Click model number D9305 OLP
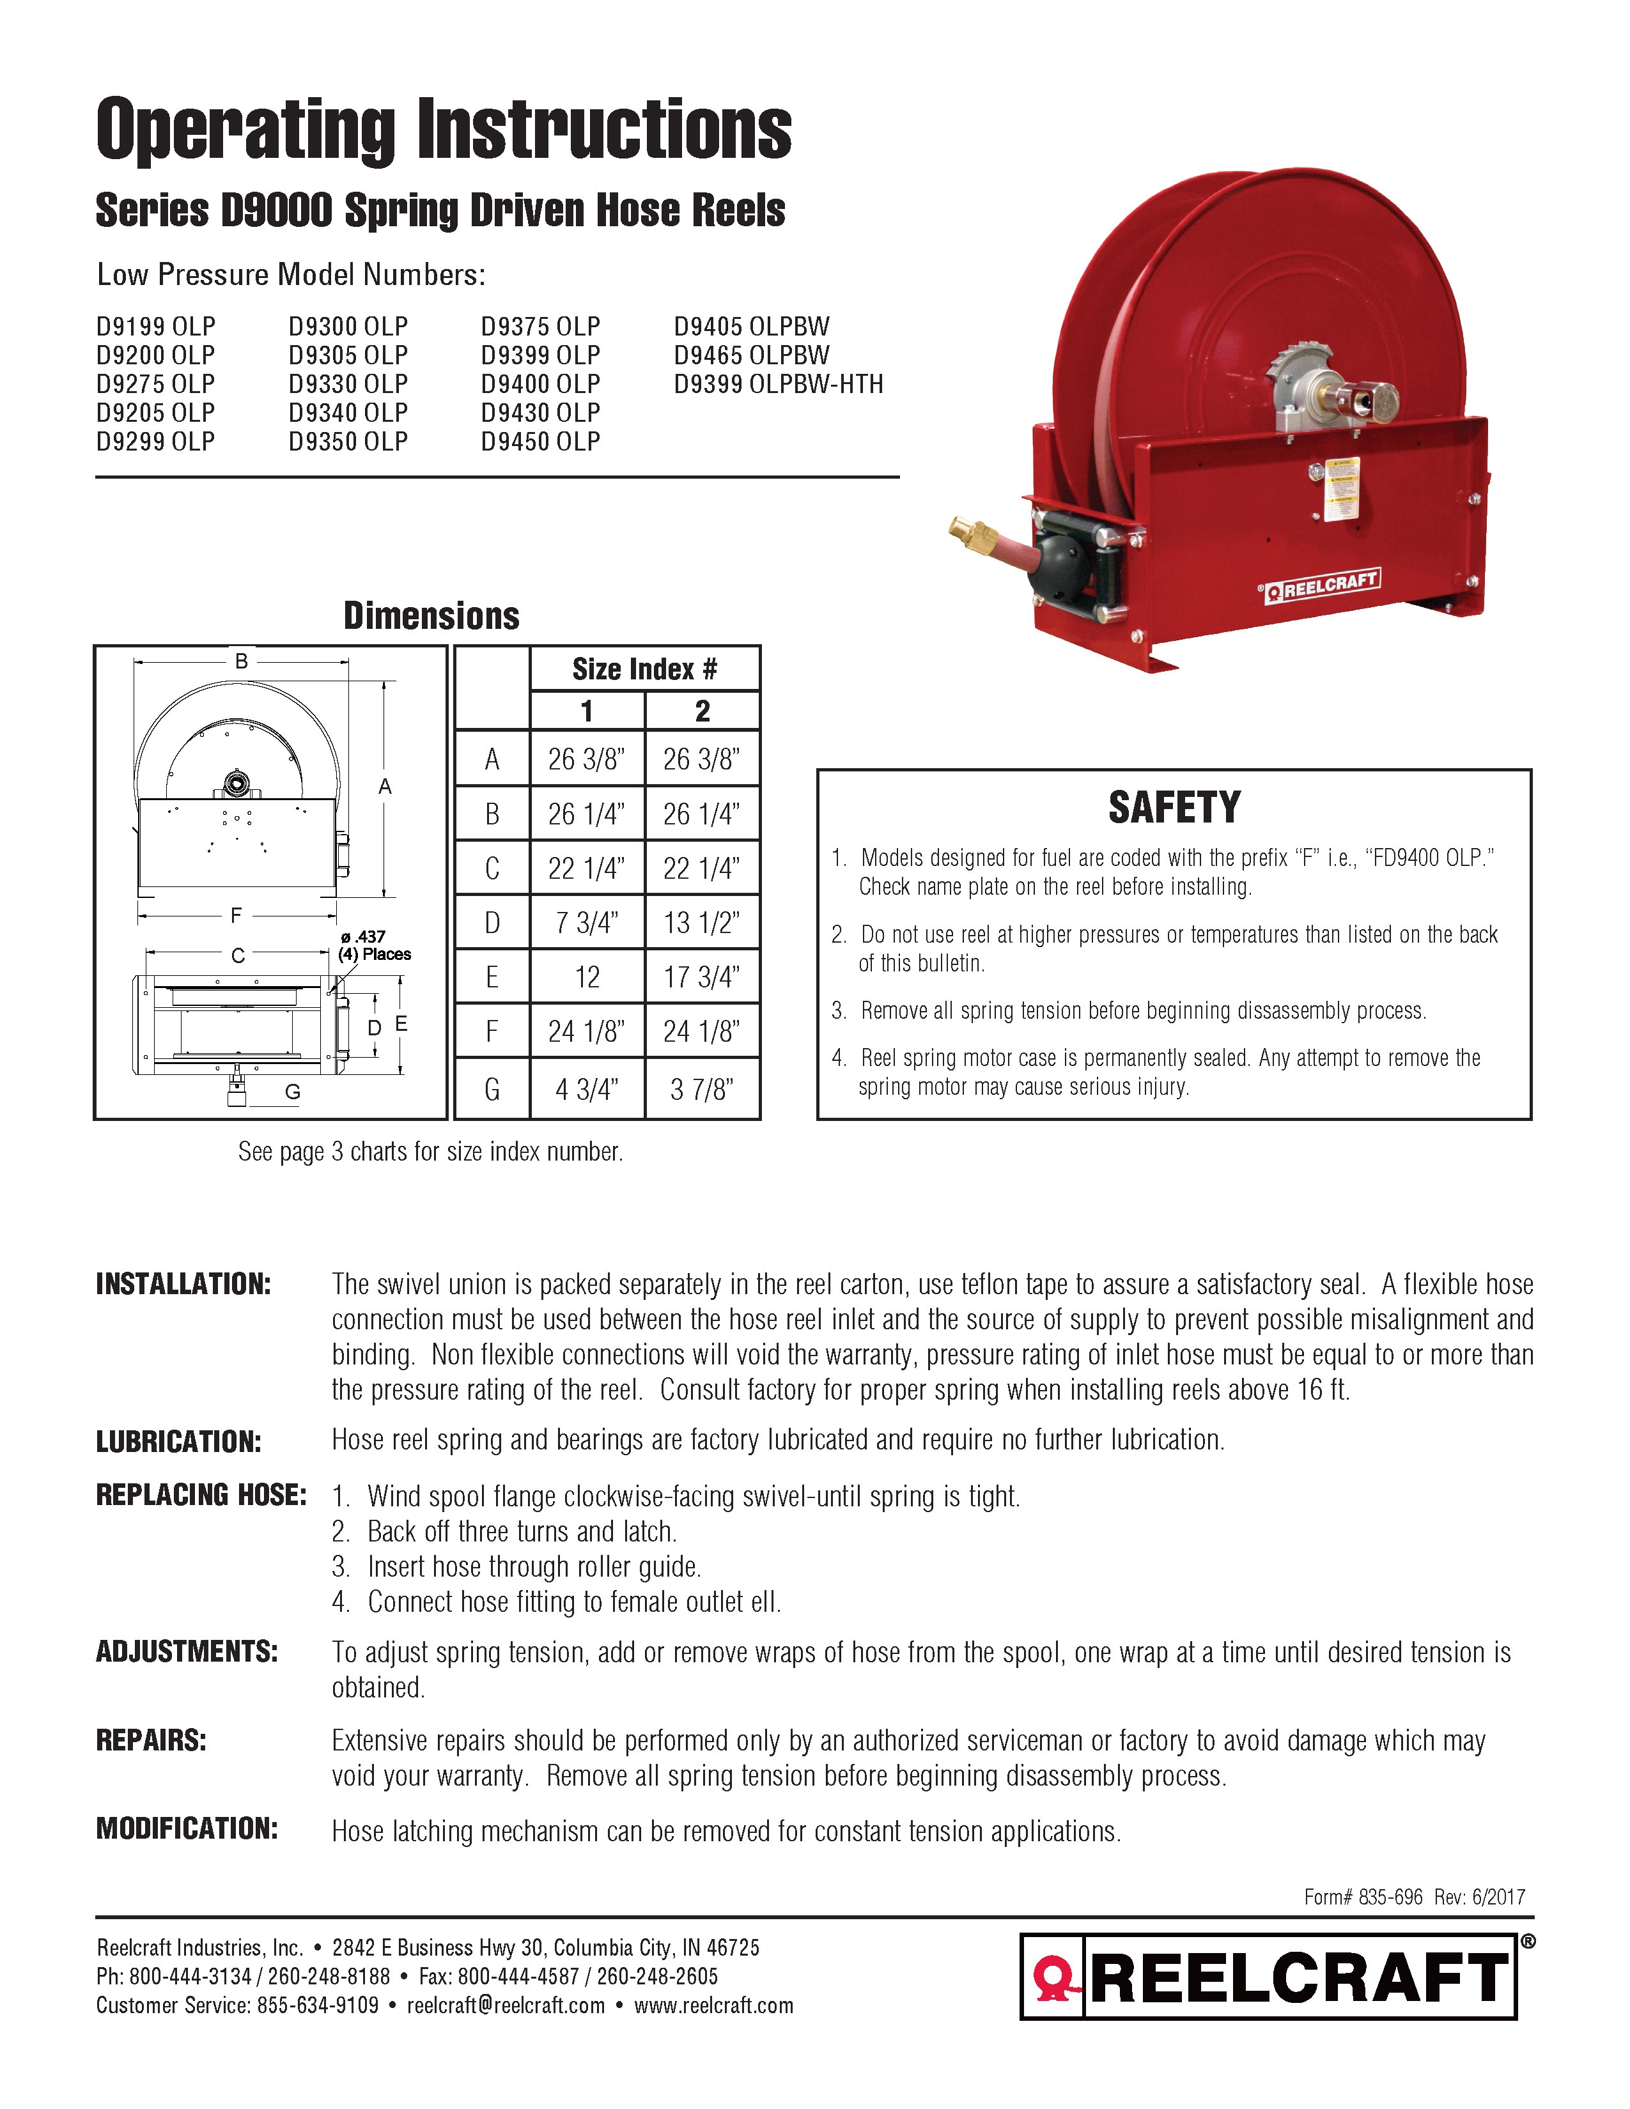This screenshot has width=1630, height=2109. click(348, 355)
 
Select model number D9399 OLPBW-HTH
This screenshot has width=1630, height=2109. click(779, 384)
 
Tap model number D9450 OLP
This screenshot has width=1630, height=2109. click(541, 442)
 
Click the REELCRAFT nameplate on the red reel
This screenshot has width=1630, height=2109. click(1324, 585)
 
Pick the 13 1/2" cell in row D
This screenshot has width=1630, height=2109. click(702, 923)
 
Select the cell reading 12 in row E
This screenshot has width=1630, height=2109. click(587, 977)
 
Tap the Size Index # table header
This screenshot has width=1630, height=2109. click(644, 669)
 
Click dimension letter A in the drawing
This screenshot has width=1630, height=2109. click(384, 787)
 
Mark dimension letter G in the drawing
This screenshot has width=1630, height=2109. click(293, 1092)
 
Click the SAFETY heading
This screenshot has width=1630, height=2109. click(1174, 807)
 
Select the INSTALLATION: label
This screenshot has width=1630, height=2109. click(183, 1285)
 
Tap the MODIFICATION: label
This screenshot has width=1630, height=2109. click(187, 1829)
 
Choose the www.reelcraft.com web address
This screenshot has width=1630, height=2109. click(713, 2005)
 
